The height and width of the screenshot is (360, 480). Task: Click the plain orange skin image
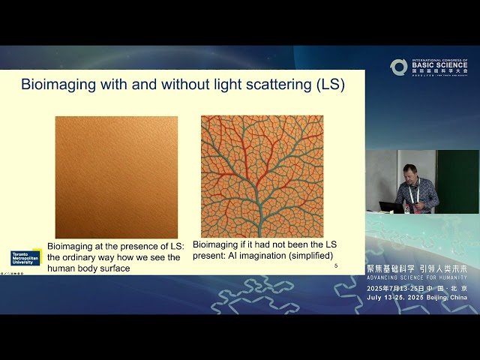tap(116, 177)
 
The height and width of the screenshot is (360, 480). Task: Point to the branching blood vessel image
tap(262, 176)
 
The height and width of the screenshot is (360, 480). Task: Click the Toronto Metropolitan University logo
tap(25, 257)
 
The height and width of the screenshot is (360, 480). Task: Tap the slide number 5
tap(335, 266)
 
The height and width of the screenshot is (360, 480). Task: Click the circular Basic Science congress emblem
tap(398, 67)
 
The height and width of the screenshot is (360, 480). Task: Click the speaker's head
tap(409, 172)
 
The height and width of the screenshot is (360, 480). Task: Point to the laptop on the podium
tap(391, 206)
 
